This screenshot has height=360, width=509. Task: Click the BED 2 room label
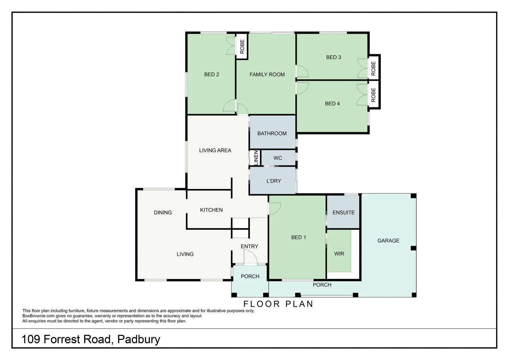point(212,75)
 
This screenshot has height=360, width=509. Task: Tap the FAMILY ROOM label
point(267,75)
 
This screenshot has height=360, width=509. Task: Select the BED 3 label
point(333,57)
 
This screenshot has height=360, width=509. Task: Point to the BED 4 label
point(332,104)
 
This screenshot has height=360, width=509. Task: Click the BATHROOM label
point(272,134)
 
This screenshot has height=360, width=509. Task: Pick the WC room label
point(277,158)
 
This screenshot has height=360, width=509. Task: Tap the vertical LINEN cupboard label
point(256,158)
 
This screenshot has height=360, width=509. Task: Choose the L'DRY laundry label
point(273,181)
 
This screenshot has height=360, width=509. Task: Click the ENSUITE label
point(343,213)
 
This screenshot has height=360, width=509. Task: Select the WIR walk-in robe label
point(339,254)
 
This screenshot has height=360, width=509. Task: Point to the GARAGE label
point(388,241)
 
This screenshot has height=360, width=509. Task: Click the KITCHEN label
point(211,210)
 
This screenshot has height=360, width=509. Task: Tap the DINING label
point(163,213)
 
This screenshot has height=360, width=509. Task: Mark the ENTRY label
point(249,247)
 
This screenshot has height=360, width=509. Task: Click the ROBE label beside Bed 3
point(373,68)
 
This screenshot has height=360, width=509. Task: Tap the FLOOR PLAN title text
point(278,304)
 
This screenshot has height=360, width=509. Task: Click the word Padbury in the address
point(139,339)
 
